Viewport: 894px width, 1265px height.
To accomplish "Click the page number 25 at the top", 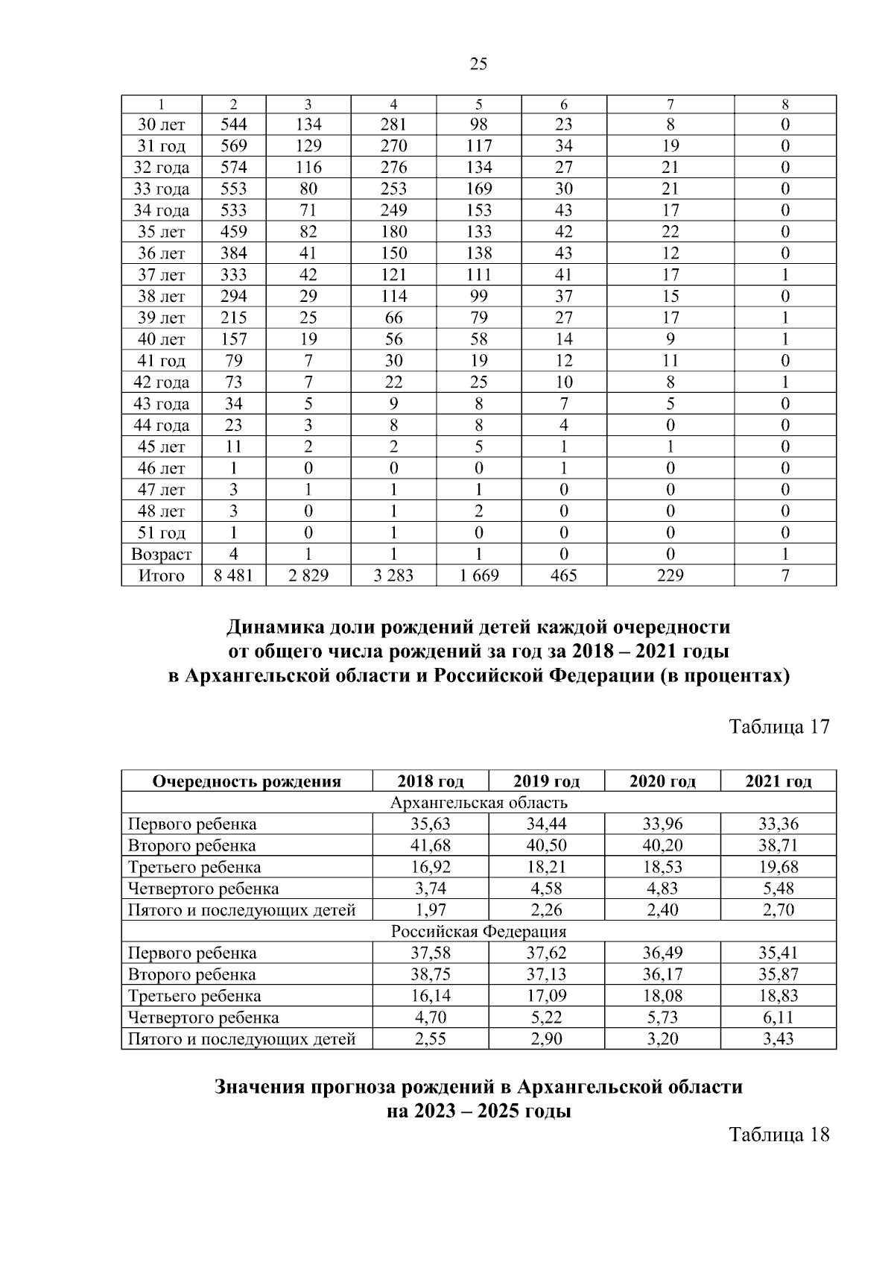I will [x=478, y=64].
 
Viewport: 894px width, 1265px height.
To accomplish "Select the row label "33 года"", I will [x=161, y=189].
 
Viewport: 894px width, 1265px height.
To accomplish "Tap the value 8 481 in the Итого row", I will [x=233, y=575].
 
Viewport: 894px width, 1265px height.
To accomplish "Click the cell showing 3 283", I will [x=393, y=575].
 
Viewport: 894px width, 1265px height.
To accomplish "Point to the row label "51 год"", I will [x=161, y=533].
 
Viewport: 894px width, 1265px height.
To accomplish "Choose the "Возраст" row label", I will [x=161, y=555].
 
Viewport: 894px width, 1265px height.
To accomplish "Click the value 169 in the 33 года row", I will [x=478, y=189].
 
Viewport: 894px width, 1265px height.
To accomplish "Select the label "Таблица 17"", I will [x=779, y=727].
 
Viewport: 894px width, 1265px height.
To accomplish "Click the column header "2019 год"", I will [x=546, y=781].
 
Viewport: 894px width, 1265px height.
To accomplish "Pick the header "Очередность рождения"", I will [x=247, y=781].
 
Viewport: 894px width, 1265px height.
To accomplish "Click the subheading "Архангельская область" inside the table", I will [x=478, y=803].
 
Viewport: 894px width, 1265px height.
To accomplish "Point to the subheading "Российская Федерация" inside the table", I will [x=478, y=932].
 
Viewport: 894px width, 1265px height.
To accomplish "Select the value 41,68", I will [x=430, y=846].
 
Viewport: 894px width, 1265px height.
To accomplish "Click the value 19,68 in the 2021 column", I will [x=778, y=868].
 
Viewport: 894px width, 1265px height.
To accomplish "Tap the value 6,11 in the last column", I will [x=778, y=1018].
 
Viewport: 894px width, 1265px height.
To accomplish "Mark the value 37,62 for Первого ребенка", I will [x=546, y=953].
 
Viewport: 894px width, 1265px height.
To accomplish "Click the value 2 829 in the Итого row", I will [x=308, y=575].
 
